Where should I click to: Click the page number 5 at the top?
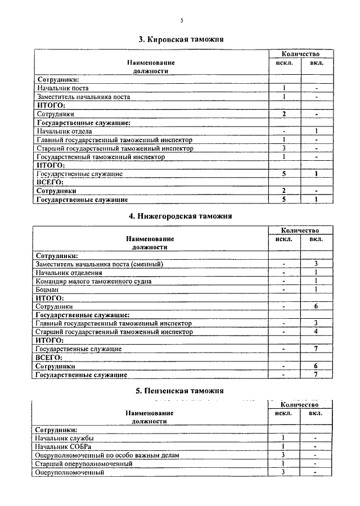pos(182,21)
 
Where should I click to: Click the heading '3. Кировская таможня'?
pos(181,39)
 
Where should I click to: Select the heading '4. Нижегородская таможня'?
pos(181,215)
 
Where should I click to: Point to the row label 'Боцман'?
pos(47,289)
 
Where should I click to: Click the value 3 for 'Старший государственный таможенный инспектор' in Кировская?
pos(285,148)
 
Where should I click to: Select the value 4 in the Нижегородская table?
pos(317,332)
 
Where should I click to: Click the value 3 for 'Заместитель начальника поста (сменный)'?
pos(317,263)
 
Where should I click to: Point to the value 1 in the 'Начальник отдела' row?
pos(317,131)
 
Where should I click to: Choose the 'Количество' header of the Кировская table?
pos(300,53)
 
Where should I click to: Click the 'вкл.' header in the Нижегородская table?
pos(317,238)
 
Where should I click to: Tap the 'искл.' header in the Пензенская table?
pos(283,413)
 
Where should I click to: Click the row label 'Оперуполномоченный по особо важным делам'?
pos(107,455)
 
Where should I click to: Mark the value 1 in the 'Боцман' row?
pos(317,289)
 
